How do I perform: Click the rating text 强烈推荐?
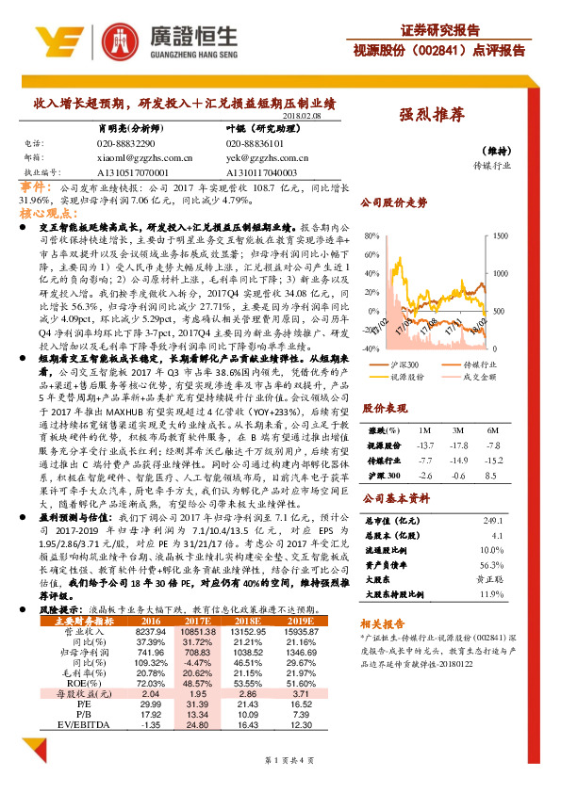[x=432, y=114]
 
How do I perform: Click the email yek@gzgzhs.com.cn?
[x=268, y=158]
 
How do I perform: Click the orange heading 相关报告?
[x=381, y=623]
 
